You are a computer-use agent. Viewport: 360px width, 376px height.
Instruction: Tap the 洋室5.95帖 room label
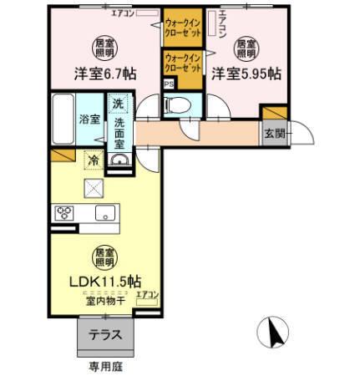pos(244,73)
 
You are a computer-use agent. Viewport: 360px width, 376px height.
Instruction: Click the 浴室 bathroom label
pos(90,118)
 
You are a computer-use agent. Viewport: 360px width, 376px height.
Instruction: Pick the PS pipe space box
pos(168,84)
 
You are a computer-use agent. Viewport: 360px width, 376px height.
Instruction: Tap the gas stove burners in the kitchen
pos(64,212)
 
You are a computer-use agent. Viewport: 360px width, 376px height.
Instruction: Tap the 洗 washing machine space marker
pos(116,106)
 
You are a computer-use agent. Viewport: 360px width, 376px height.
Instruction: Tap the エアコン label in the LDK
pos(148,293)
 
